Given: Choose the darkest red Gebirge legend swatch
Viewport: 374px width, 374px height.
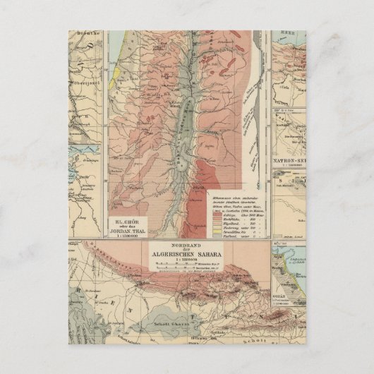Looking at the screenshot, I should pyautogui.click(x=217, y=207).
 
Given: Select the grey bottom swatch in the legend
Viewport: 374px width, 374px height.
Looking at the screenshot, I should pyautogui.click(x=217, y=235).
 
